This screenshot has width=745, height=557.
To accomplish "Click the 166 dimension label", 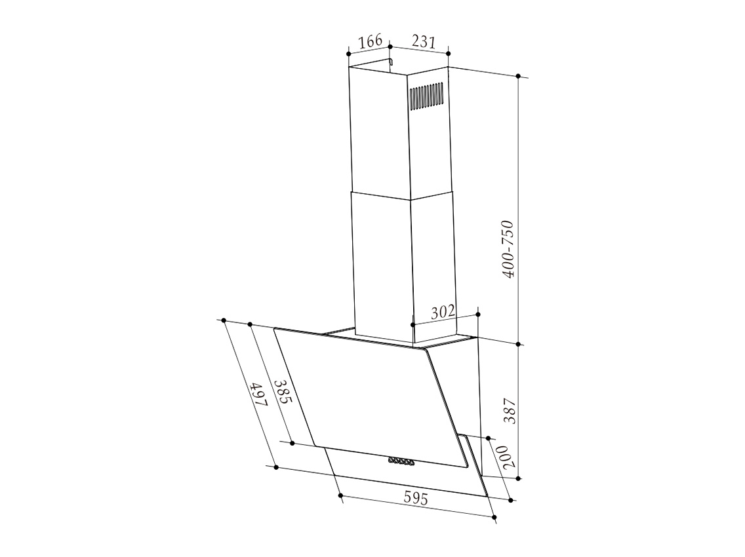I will click(371, 41).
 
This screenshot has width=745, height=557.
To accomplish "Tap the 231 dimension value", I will click(424, 41).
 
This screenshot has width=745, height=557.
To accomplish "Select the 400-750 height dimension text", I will click(509, 249).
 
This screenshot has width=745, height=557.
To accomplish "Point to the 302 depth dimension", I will click(443, 312).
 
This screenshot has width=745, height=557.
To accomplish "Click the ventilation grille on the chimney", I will click(427, 96).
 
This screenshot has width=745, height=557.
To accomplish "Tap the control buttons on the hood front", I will click(401, 461).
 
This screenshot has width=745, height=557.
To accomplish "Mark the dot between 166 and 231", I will click(390, 47).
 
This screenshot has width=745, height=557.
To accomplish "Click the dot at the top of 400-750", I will click(519, 77).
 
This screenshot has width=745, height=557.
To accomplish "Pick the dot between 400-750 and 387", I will click(519, 343).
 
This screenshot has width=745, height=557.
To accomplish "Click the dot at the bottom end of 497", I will click(276, 467).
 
